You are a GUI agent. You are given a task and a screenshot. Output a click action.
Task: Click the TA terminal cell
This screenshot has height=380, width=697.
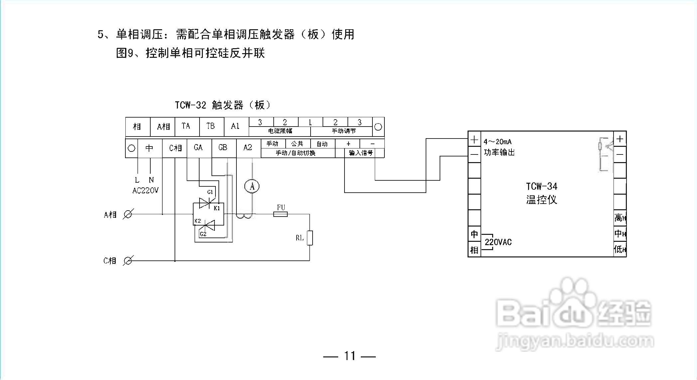point(186,126)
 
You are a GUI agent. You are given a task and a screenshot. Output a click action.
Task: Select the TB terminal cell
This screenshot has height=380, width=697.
point(210,126)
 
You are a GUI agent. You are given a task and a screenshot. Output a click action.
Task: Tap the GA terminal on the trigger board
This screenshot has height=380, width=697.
point(198,147)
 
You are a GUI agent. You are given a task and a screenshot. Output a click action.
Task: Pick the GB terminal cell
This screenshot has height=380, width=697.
point(223,147)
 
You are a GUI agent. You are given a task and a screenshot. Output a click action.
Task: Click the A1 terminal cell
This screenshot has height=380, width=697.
point(235,126)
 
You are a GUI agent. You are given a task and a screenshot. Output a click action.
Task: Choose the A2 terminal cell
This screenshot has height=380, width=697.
point(248,147)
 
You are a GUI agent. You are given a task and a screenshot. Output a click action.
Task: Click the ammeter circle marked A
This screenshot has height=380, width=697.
point(252,187)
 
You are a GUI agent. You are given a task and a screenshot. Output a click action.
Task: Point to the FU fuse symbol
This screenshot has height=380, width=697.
point(280,214)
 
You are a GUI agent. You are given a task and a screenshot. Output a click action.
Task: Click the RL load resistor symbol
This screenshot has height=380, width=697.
point(310,238)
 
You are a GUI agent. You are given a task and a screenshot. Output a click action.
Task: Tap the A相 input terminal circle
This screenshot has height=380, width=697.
point(127,215)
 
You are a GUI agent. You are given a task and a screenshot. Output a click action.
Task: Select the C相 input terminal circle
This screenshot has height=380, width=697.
point(127,261)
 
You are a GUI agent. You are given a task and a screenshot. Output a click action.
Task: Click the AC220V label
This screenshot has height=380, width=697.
point(145,191)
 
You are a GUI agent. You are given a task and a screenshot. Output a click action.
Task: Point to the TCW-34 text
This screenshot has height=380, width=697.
point(541,186)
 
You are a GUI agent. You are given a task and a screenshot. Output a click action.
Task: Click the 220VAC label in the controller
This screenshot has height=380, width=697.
point(498,242)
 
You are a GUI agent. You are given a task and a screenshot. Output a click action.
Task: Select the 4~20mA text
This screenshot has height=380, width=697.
point(497,142)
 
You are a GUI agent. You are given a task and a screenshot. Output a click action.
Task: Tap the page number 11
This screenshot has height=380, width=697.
point(349,356)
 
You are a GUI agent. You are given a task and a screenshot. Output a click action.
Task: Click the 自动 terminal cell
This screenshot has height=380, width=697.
point(322,144)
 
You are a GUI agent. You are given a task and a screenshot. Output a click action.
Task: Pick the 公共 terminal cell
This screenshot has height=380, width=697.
point(297,144)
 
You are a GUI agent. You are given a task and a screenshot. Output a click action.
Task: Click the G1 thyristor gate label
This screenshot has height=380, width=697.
point(210,192)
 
